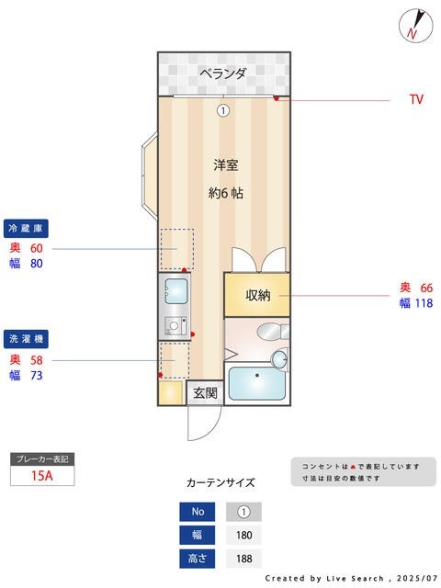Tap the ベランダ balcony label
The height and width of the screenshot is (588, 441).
coord(223,73)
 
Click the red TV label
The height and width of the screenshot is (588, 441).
coord(416,99)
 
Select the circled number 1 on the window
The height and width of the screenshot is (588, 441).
coord(222,111)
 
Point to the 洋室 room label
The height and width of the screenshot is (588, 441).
coord(226,165)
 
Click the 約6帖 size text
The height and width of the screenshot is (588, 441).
coord(226,193)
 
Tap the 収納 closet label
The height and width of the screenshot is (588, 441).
coord(257,295)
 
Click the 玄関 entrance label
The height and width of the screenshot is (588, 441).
coord(204,393)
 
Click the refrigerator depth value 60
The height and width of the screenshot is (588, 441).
coord(37,248)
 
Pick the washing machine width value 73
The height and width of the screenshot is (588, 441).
coord(37,375)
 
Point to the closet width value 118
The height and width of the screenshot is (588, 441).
coord(422,303)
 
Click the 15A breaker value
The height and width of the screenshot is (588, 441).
coord(41,475)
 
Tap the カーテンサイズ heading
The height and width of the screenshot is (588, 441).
coord(220,482)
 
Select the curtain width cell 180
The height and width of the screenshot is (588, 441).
coord(243,535)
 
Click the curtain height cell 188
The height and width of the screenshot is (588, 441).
coord(243,558)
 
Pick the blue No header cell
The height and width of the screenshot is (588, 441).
coord(197,512)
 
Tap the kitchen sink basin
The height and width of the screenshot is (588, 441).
coord(174,293)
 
